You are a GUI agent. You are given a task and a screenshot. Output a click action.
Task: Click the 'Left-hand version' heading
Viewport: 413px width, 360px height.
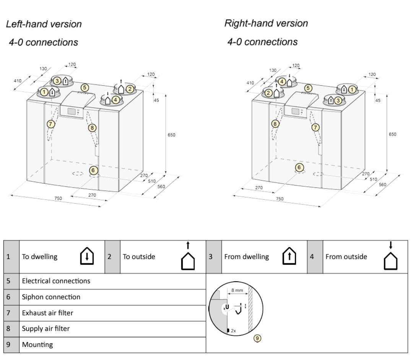tap(44, 24)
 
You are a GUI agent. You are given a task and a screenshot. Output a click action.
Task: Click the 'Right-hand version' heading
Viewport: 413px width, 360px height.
tap(266, 23)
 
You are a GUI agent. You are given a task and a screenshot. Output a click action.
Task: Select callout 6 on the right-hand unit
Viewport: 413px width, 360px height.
tap(299, 167)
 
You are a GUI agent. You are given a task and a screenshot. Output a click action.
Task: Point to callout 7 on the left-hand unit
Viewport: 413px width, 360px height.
tap(50, 124)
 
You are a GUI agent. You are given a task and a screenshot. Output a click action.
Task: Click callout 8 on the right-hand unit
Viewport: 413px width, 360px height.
tap(275, 124)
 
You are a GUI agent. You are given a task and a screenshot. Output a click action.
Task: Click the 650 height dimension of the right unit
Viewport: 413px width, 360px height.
tap(393, 134)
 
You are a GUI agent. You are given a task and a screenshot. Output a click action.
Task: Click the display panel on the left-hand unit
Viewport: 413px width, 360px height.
tap(71, 111)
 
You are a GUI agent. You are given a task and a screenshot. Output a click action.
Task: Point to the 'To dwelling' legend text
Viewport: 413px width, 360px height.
tap(40, 257)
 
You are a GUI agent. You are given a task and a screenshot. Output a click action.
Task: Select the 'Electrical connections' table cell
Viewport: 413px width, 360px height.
tap(56, 281)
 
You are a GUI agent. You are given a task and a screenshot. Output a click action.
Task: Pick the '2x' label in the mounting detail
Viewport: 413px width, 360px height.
tap(233, 330)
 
